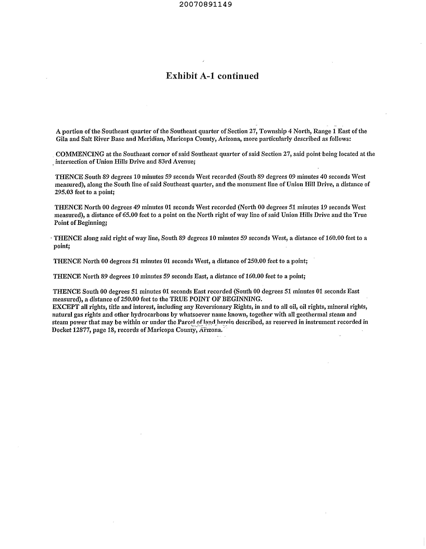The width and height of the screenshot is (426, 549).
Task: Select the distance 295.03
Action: pos(64,192)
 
